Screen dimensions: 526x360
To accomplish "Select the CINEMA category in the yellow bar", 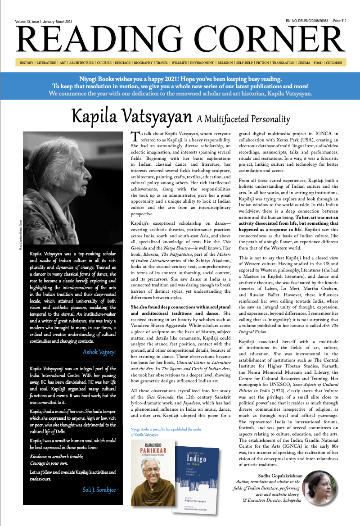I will point(305,63).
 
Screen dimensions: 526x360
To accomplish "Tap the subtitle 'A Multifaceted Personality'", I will point(243,119).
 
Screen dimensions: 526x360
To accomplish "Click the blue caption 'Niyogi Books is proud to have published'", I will point(166,430).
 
